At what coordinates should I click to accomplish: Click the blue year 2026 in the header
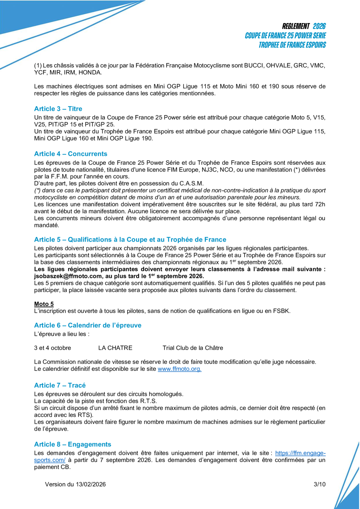click(319, 26)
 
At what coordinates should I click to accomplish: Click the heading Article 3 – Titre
click(58, 108)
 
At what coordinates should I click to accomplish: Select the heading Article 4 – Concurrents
click(71, 153)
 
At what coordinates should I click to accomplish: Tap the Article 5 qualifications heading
click(130, 239)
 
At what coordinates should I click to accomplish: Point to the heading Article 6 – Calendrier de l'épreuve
click(88, 325)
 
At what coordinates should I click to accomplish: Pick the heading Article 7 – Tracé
click(60, 385)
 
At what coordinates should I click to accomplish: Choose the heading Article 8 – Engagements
click(72, 444)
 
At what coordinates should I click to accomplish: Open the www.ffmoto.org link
click(179, 369)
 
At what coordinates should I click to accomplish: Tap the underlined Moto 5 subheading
click(44, 304)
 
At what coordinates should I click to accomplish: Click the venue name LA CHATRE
click(115, 348)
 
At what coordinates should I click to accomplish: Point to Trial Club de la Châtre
click(193, 348)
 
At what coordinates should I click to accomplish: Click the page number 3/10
click(320, 484)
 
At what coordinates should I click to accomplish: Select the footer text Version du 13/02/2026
click(75, 484)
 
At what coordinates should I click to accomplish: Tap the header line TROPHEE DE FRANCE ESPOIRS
click(292, 45)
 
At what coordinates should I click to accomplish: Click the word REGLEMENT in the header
click(296, 26)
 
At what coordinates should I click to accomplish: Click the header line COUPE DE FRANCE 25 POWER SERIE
click(285, 36)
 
